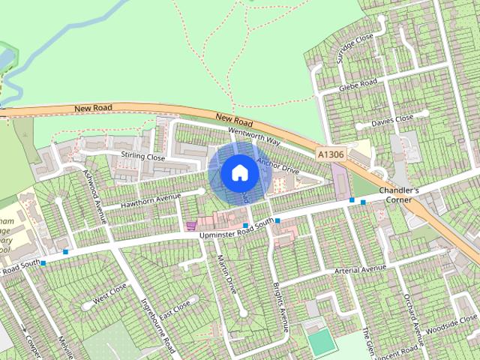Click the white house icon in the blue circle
239,172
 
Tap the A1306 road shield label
331,154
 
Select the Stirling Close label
142,157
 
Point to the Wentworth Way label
254,136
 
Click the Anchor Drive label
278,166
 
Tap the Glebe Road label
358,85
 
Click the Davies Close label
392,119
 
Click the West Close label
109,296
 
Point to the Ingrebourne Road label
158,327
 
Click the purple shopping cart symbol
191,224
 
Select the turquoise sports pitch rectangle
322,342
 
